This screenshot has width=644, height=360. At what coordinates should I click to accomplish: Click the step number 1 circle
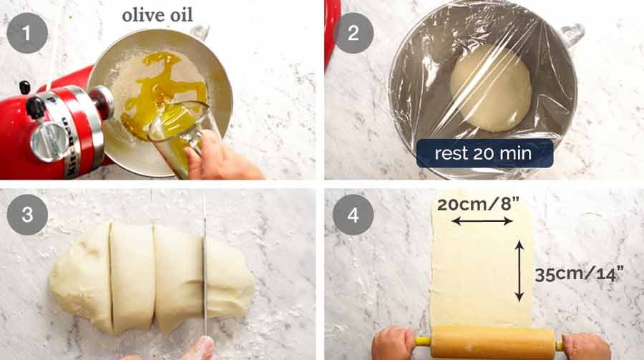pyautogui.click(x=26, y=33)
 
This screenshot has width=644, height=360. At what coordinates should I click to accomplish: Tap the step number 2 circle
pyautogui.click(x=353, y=33)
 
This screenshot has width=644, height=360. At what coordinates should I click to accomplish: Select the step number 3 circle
pyautogui.click(x=26, y=215)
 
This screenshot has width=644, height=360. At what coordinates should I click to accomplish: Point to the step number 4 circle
pyautogui.click(x=353, y=215)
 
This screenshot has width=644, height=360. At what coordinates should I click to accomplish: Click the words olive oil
pyautogui.click(x=157, y=15)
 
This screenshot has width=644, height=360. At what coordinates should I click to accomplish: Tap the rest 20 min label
pyautogui.click(x=484, y=153)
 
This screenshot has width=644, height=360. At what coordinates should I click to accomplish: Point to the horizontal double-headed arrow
pyautogui.click(x=481, y=221)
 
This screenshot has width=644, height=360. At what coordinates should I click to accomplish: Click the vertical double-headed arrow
pyautogui.click(x=519, y=271)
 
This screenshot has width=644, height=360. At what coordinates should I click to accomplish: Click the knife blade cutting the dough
pyautogui.click(x=205, y=272)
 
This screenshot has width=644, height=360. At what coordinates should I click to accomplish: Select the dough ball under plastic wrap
pyautogui.click(x=489, y=88)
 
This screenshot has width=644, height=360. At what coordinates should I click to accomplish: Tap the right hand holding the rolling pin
pyautogui.click(x=585, y=346)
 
